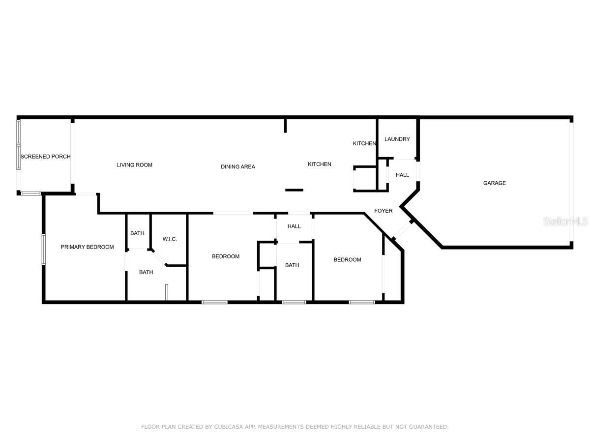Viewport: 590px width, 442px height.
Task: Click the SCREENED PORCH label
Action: point(45,157)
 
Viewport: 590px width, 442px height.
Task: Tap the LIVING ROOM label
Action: point(134,165)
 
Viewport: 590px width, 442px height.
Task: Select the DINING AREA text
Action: point(238,166)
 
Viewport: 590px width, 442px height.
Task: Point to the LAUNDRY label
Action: point(397,139)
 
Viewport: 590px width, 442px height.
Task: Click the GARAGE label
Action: point(494,183)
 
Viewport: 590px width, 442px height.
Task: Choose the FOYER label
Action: point(383,211)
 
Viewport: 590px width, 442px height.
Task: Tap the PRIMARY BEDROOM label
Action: point(87,247)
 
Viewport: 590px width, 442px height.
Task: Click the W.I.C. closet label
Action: point(170,239)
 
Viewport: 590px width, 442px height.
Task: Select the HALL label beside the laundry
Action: point(402,175)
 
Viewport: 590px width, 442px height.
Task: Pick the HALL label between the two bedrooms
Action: point(294,226)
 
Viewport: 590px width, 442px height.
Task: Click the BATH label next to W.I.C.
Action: point(137,233)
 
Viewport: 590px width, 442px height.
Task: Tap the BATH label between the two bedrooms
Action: point(292,265)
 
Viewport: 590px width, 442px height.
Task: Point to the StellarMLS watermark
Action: point(565,221)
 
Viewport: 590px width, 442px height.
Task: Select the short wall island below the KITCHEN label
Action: point(294,190)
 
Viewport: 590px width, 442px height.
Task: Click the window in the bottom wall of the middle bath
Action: point(294,302)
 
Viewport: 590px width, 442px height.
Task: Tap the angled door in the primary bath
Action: point(159,258)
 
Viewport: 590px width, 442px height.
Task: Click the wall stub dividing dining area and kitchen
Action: point(285,126)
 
